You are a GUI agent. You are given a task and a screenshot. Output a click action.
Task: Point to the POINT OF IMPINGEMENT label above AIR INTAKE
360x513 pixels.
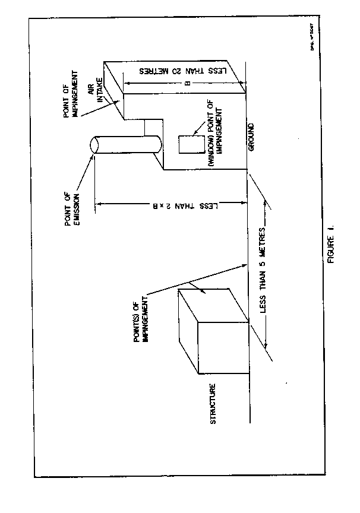tap(77, 93)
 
